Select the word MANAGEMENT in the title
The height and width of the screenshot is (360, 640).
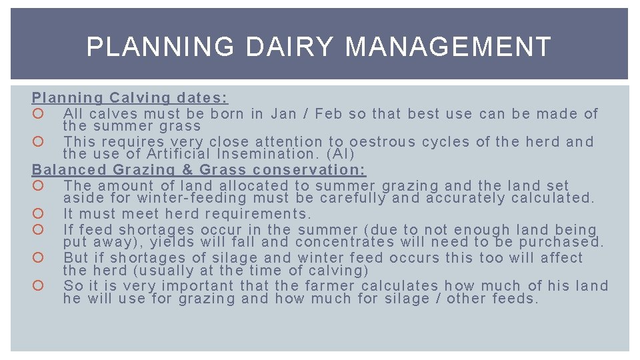(x=449, y=47)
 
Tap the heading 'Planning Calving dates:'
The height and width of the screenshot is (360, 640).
(x=130, y=98)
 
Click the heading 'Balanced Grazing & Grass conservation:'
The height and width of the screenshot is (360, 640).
(x=199, y=170)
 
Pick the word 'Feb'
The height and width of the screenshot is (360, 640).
(x=328, y=113)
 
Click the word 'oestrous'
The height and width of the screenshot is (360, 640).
(x=383, y=141)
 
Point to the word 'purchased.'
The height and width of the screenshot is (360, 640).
(x=561, y=242)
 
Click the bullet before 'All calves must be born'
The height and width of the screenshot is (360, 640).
(x=37, y=114)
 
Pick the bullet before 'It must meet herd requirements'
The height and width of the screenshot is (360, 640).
(x=37, y=214)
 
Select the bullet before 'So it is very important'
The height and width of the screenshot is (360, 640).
(x=37, y=286)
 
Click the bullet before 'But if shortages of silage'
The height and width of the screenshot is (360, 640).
(x=37, y=258)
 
